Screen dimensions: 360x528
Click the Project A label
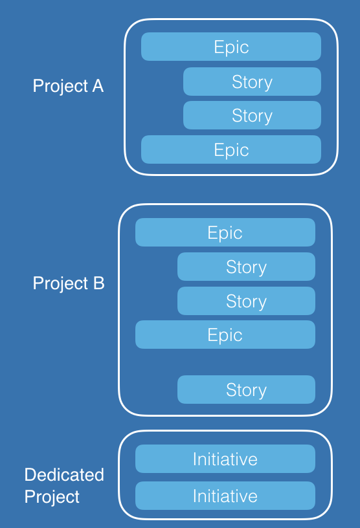[x=68, y=86]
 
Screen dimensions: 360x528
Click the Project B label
[x=69, y=283]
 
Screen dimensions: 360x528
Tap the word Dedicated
[x=64, y=475]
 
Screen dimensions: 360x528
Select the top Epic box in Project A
[x=231, y=47]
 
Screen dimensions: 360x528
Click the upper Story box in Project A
[x=252, y=82]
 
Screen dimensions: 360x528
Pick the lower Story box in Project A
[x=252, y=115]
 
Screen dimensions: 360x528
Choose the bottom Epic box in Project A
[x=231, y=149]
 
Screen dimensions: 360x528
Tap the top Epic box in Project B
[x=225, y=232]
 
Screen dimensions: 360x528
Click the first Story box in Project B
[x=247, y=267]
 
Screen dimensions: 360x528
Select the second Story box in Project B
[x=247, y=301]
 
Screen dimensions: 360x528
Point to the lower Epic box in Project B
[x=225, y=335]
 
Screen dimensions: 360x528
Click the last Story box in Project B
[x=247, y=390]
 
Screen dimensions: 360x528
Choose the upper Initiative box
[x=225, y=459]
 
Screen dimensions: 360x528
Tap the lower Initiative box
[x=225, y=496]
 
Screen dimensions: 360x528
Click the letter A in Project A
[x=98, y=86]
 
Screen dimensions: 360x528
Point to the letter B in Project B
[x=99, y=283]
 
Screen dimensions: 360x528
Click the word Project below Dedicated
[x=52, y=497]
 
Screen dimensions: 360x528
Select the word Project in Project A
[x=60, y=87]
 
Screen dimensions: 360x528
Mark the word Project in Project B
[x=60, y=283]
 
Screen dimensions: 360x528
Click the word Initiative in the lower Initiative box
[x=225, y=496]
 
